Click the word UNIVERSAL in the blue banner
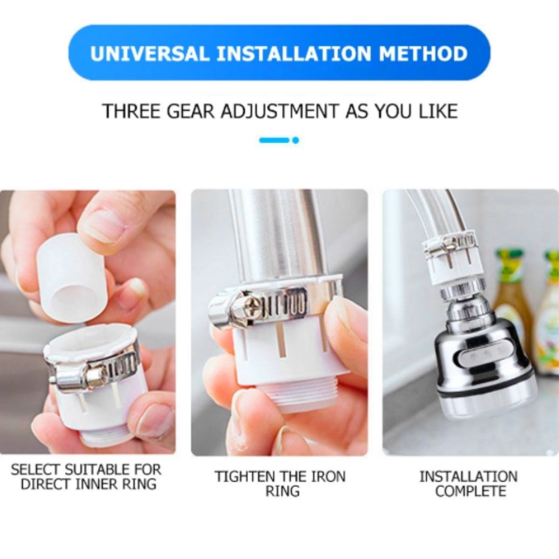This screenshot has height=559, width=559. pyautogui.click(x=150, y=53)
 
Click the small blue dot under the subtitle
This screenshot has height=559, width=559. pyautogui.click(x=296, y=141)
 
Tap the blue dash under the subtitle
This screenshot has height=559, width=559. pyautogui.click(x=274, y=141)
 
